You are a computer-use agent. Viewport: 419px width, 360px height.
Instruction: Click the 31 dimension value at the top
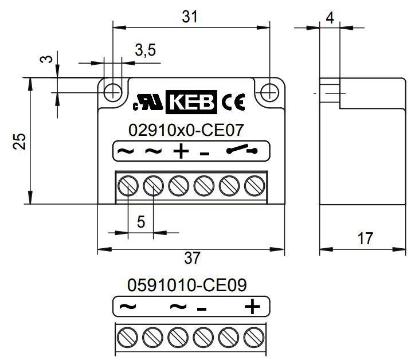point(190,17)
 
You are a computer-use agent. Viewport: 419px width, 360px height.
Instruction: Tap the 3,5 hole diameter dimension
point(145,50)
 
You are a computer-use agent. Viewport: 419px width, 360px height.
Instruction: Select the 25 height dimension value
point(19,141)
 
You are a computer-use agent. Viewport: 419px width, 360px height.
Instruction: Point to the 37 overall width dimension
point(192,258)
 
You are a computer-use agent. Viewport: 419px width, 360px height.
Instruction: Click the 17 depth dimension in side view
point(365,238)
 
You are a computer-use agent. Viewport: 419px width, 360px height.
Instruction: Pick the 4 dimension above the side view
point(330,18)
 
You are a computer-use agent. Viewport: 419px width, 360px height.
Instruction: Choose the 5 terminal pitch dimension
point(141,222)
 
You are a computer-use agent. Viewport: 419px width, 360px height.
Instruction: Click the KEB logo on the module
point(191,102)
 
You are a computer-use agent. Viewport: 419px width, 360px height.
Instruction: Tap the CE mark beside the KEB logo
point(233,102)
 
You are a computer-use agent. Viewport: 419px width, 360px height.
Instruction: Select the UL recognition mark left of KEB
point(148,102)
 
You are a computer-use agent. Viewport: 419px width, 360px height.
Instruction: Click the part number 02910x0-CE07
point(186,130)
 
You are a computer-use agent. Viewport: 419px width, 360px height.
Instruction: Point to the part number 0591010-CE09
point(187,285)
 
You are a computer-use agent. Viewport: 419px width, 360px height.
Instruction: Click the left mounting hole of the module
point(113,93)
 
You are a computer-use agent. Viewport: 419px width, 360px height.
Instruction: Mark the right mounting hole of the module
point(269,93)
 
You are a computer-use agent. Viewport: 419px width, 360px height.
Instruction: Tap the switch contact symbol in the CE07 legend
point(242,150)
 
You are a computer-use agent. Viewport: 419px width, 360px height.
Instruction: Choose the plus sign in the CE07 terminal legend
point(181,151)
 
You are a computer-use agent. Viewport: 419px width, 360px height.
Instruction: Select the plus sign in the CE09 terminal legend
point(252,306)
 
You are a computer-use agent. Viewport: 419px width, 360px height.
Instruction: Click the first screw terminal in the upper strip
point(128,186)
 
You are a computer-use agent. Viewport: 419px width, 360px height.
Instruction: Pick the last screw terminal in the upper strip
point(254,186)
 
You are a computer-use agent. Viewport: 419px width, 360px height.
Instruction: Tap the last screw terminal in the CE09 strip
point(254,337)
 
